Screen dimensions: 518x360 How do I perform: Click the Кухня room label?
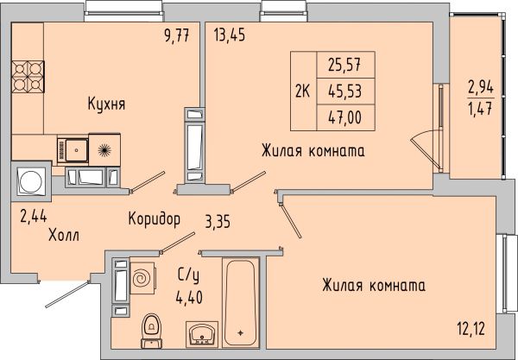(x=106, y=104)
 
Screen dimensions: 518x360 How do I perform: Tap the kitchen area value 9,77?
(x=177, y=35)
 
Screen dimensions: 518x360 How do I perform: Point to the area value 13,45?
(x=230, y=35)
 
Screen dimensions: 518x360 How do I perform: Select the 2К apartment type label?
(x=303, y=91)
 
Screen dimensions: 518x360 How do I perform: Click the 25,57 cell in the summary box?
(x=344, y=65)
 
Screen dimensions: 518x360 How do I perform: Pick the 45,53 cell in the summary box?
(x=344, y=92)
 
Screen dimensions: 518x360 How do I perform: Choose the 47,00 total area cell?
(x=344, y=117)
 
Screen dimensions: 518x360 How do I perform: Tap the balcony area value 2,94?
(x=481, y=88)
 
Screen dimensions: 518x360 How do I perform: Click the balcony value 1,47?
(x=481, y=108)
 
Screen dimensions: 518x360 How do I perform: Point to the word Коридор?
(x=155, y=218)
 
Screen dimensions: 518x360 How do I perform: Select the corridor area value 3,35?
(x=218, y=222)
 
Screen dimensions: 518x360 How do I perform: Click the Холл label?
(x=64, y=236)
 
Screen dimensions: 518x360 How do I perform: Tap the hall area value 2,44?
(x=34, y=217)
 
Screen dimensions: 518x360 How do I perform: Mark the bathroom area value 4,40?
(x=189, y=297)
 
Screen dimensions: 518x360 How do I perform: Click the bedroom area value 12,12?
(x=471, y=329)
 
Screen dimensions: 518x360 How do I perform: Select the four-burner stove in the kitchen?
(x=28, y=77)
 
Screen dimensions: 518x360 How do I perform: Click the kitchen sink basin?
(x=77, y=150)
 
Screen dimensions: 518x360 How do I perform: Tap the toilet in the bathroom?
(x=152, y=331)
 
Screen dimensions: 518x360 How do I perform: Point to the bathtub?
(x=241, y=302)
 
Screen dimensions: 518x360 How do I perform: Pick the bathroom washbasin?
(x=202, y=333)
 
